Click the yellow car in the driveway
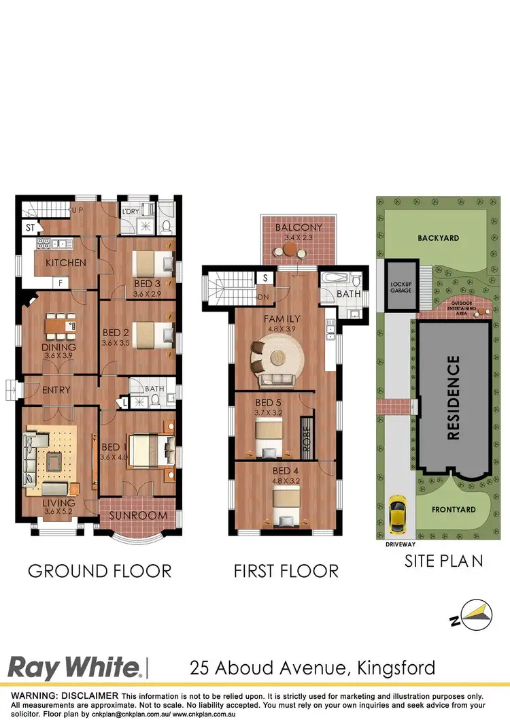pyautogui.click(x=396, y=515)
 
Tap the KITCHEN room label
pyautogui.click(x=65, y=263)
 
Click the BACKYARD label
pyautogui.click(x=439, y=238)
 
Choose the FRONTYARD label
pyautogui.click(x=454, y=509)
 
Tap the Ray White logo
pyautogui.click(x=75, y=667)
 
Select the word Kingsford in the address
pyautogui.click(x=396, y=668)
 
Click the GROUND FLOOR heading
pyautogui.click(x=99, y=570)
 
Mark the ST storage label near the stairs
pyautogui.click(x=30, y=228)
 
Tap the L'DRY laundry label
pyautogui.click(x=129, y=212)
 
